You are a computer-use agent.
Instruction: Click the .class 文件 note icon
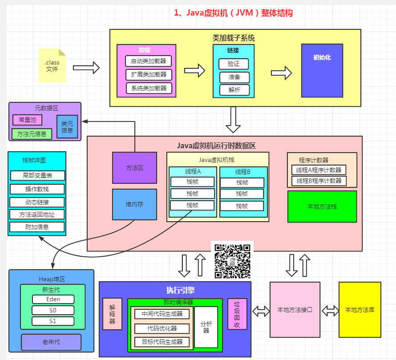[x=52, y=65]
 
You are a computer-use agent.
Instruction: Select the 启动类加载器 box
[x=149, y=61]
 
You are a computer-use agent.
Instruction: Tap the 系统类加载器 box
[x=149, y=88]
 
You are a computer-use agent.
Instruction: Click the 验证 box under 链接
[x=234, y=64]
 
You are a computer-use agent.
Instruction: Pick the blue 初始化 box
[x=322, y=70]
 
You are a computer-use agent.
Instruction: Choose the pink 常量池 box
[x=27, y=120]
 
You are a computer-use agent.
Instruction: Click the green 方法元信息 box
[x=32, y=134]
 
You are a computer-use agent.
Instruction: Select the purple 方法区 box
[x=134, y=168]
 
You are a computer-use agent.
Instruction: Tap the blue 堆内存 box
[x=134, y=204]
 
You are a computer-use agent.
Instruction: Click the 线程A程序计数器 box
[x=319, y=170]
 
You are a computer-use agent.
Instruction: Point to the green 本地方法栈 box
[x=322, y=206]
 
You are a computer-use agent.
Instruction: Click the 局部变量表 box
[x=37, y=176]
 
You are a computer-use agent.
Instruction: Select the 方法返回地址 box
[x=37, y=214]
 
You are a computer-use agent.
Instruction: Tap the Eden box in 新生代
[x=53, y=299]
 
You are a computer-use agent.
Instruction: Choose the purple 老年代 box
[x=51, y=342]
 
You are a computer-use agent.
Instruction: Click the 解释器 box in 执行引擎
[x=113, y=314]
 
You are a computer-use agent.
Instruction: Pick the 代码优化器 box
[x=162, y=328]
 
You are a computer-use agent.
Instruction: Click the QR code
[x=232, y=261]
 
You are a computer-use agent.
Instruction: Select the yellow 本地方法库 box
[x=360, y=310]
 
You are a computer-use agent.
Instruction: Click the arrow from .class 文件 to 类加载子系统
[x=86, y=68]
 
